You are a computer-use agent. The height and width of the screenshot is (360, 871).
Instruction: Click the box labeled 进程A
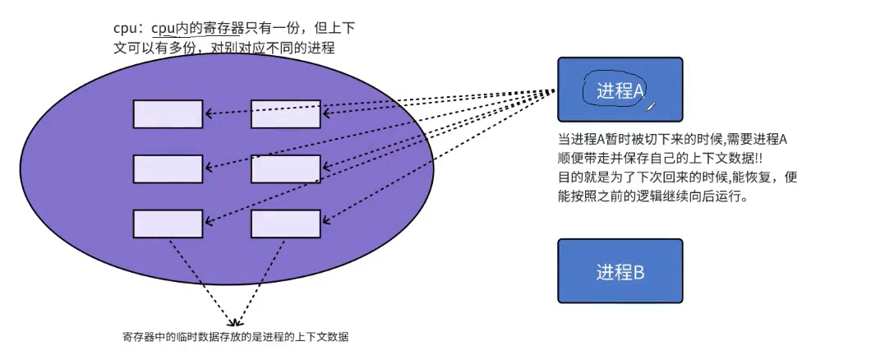[x=620, y=90]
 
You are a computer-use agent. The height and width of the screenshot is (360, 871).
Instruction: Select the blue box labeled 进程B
[x=620, y=270]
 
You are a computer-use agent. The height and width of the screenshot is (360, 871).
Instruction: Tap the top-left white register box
[x=168, y=113]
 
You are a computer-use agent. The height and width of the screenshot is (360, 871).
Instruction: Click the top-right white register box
[x=285, y=113]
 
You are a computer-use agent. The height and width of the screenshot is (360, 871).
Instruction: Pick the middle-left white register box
[x=168, y=168]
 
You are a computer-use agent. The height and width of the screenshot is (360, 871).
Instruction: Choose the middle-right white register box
[x=285, y=168]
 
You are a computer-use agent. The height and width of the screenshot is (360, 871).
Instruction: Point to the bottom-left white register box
[x=168, y=224]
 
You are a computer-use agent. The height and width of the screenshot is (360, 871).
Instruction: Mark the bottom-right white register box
[x=285, y=224]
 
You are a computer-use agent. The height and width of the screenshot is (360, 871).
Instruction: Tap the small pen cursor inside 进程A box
[x=651, y=105]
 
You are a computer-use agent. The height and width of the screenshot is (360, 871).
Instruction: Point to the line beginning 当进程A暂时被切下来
[x=672, y=140]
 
